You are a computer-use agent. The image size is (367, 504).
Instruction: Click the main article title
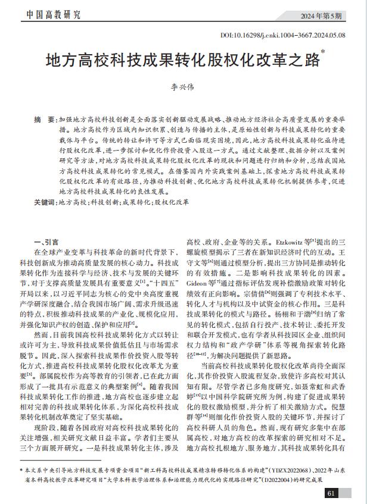point(183,61)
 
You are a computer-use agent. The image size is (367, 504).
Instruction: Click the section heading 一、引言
point(46,242)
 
